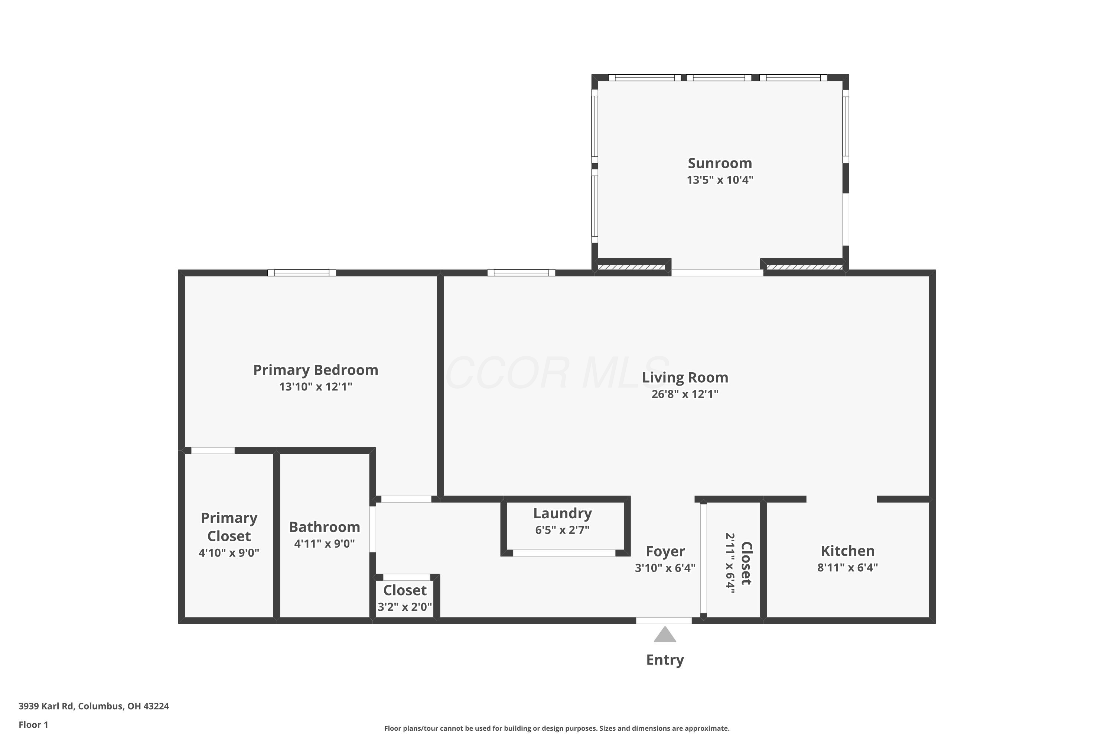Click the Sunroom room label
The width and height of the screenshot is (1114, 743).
pos(720,163)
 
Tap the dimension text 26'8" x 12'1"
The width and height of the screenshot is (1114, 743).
pos(684,394)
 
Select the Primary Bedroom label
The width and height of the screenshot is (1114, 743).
pos(315,370)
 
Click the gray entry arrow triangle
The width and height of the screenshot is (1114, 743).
pos(665,635)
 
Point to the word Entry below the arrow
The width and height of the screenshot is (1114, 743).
pos(665,660)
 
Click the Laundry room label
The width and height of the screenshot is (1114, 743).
pos(562,513)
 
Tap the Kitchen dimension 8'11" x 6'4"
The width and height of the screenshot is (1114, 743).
pos(847,567)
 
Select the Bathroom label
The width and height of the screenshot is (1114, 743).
pos(325,527)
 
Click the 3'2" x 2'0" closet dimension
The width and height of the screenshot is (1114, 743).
pos(404,607)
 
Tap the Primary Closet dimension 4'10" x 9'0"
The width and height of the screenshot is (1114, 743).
pos(229,552)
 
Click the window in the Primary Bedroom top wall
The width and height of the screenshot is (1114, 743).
pos(302,273)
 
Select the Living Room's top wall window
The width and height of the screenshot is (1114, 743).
pos(521,273)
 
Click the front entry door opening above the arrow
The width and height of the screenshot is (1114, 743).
pos(664,620)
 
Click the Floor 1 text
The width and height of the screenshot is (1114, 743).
pos(33,724)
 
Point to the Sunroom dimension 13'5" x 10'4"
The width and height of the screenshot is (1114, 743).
pos(720,179)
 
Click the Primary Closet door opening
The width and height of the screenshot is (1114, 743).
pos(213,451)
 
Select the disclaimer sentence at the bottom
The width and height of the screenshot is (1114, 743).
pos(557,728)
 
